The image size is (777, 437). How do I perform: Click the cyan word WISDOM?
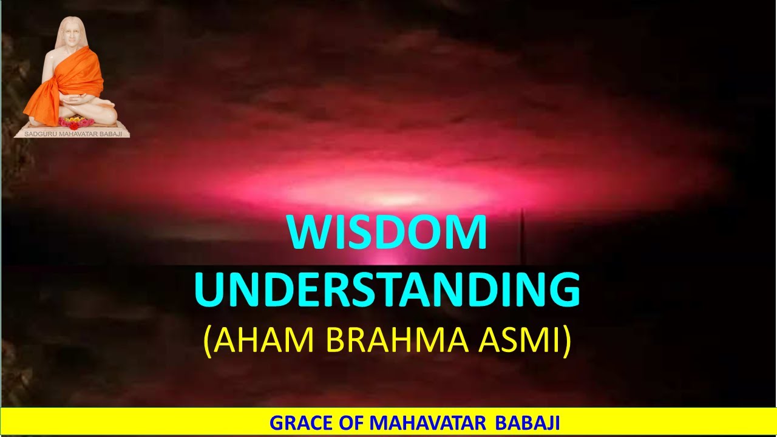click(388, 233)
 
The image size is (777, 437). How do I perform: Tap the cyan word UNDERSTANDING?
click(387, 290)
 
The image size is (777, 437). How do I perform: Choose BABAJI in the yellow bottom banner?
click(527, 422)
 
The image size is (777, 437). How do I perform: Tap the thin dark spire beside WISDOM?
click(523, 237)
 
